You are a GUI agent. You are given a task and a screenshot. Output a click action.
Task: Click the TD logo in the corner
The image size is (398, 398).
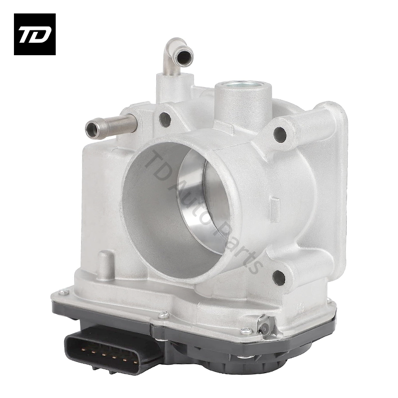34,34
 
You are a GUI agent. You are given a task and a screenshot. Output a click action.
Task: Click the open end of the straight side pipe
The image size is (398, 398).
91,129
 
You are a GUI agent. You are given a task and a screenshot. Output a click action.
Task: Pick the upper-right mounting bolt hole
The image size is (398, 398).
281,132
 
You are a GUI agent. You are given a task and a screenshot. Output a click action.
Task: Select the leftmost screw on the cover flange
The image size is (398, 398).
61,293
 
